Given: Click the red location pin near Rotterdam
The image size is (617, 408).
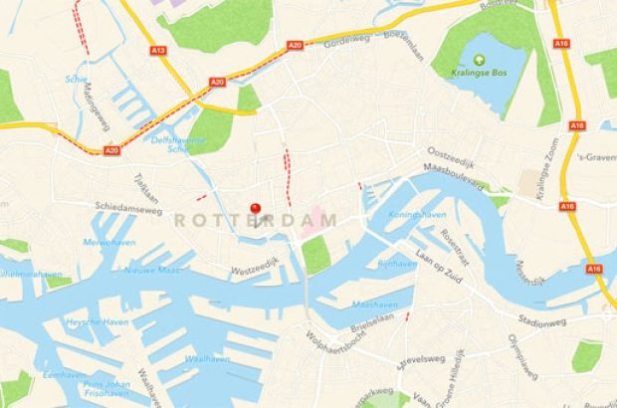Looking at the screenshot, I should click(x=255, y=209).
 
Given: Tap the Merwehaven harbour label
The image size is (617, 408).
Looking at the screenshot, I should click(x=109, y=242).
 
